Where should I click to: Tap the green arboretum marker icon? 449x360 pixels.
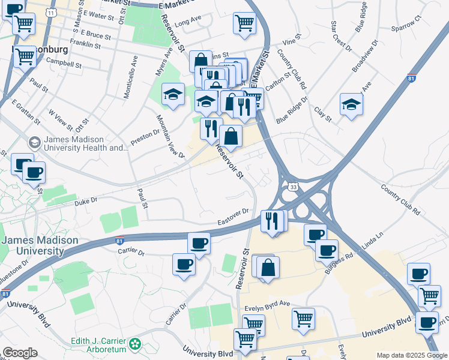pyautogui.click(x=136, y=344)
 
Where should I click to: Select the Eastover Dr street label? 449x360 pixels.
pyautogui.click(x=233, y=217)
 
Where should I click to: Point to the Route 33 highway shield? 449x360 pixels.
pyautogui.click(x=292, y=188)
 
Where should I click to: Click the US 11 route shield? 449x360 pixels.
pyautogui.click(x=53, y=12)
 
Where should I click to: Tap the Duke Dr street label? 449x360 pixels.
pyautogui.click(x=86, y=203)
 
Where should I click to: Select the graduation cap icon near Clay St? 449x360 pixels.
pyautogui.click(x=351, y=104)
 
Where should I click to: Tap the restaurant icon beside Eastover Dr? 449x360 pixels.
pyautogui.click(x=272, y=221)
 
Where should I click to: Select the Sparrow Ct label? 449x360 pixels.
pyautogui.click(x=406, y=26)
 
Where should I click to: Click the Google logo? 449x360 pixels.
pyautogui.click(x=20, y=353)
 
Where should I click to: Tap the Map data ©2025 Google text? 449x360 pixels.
pyautogui.click(x=411, y=355)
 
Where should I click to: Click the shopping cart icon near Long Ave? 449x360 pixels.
pyautogui.click(x=244, y=22)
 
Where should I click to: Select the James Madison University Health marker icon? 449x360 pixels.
pyautogui.click(x=34, y=143)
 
